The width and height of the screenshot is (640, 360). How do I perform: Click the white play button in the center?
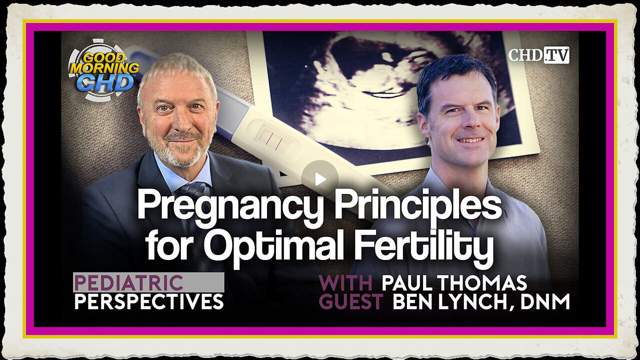click(320, 179)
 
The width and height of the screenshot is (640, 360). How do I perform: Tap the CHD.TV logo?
click(538, 55)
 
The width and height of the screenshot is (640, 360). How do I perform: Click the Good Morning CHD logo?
click(103, 70)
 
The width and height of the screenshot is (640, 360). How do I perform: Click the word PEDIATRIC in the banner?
click(128, 283)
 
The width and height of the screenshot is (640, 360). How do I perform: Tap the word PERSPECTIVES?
click(149, 301)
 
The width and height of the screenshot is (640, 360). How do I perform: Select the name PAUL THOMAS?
click(454, 283)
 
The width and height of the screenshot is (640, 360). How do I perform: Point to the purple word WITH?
click(345, 283)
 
